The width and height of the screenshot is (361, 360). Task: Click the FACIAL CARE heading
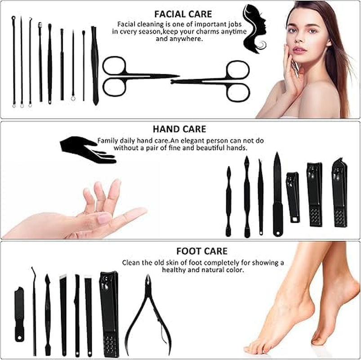point(183,14)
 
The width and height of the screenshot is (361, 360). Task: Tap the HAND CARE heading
point(186,129)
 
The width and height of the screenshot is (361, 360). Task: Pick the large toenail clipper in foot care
point(109,313)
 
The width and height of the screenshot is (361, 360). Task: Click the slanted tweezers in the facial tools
point(94,65)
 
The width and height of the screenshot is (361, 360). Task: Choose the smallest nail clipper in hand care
point(293,196)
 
